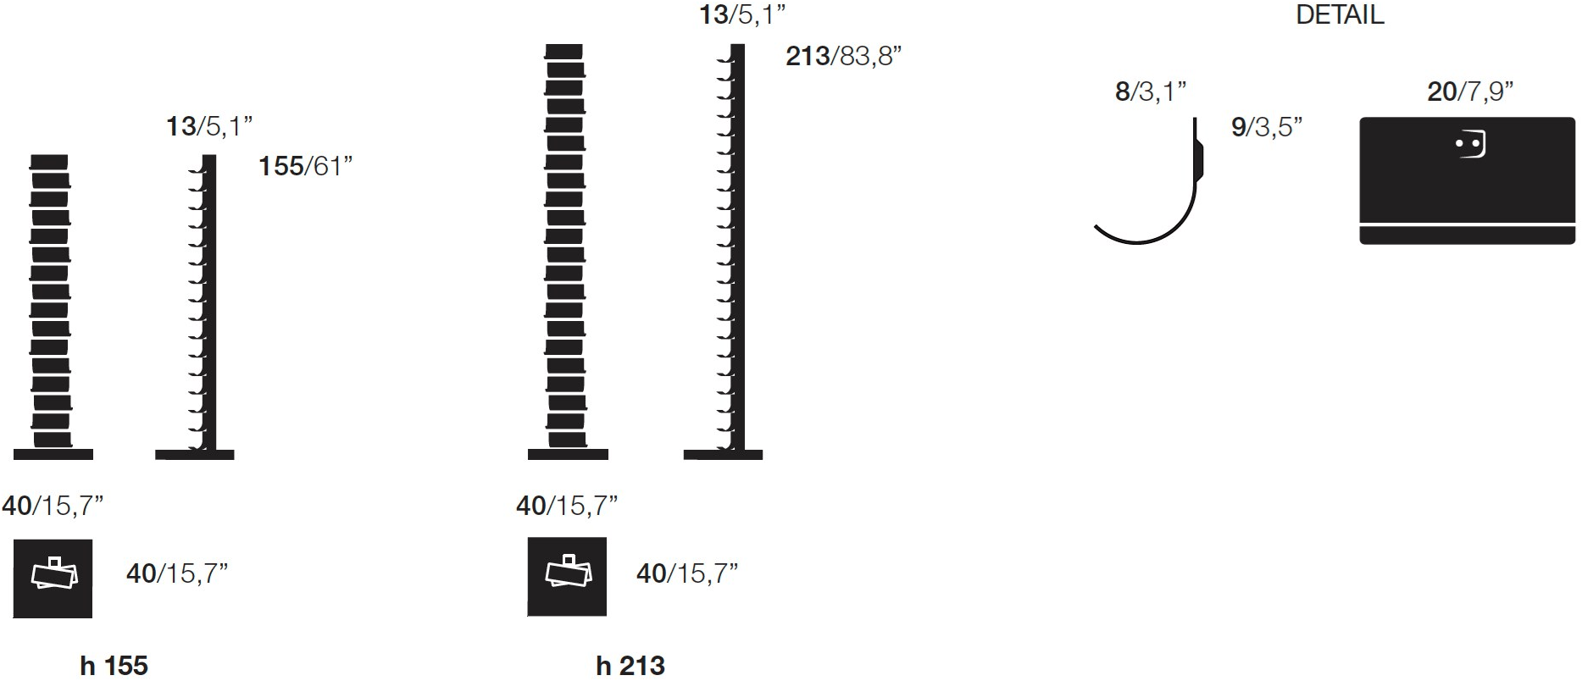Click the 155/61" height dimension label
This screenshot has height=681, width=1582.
tap(305, 166)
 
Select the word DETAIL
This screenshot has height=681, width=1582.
tap(1341, 14)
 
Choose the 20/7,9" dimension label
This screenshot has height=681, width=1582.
tap(1469, 91)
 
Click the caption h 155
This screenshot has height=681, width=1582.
tap(114, 666)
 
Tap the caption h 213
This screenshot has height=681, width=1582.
tap(630, 666)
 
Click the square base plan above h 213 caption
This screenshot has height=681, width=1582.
tap(567, 577)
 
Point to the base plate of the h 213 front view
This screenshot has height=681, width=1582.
tap(567, 456)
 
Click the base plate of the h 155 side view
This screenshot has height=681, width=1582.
tap(196, 456)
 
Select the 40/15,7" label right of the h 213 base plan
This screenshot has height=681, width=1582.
tap(686, 573)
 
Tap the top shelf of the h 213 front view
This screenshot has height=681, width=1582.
tap(563, 52)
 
